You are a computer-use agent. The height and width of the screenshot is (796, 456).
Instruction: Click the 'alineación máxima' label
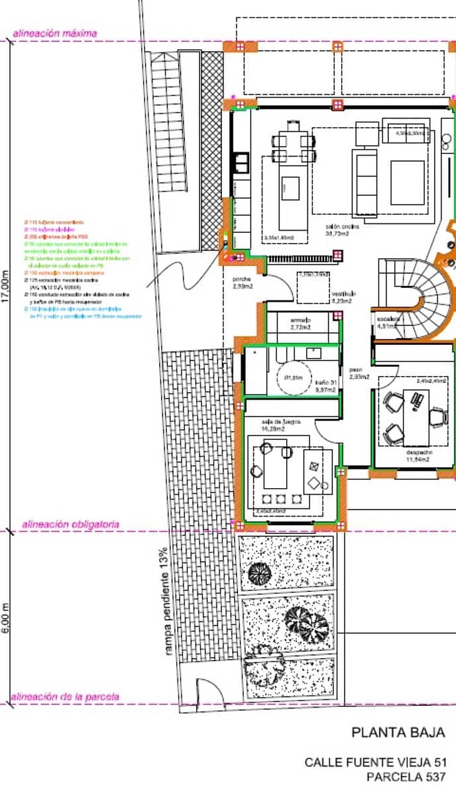point(55,33)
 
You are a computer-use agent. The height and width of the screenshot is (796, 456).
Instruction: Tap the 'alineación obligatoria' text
point(71,524)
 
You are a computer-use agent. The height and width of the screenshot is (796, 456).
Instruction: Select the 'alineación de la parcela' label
point(66,697)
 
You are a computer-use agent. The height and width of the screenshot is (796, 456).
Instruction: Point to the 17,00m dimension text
point(6,285)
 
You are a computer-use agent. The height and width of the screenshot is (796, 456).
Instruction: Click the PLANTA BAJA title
point(398,733)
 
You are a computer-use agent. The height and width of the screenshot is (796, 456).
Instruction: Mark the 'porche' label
point(241,279)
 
